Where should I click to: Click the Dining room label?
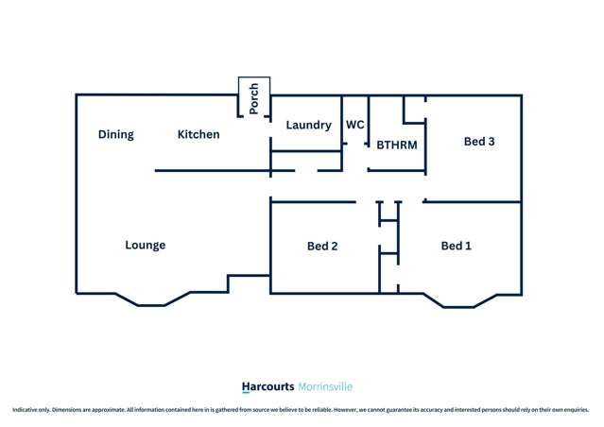click(116, 134)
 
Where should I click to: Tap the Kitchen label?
click(198, 134)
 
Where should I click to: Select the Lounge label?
click(146, 246)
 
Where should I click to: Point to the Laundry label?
click(308, 125)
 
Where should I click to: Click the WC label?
click(355, 125)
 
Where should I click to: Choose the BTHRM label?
click(397, 145)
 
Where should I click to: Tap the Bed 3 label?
click(479, 142)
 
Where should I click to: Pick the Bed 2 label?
click(322, 246)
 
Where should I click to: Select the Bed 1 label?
click(457, 246)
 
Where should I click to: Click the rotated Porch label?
click(254, 98)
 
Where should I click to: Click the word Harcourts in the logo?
click(267, 386)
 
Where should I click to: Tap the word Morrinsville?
click(325, 386)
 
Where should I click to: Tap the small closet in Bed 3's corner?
click(414, 110)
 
